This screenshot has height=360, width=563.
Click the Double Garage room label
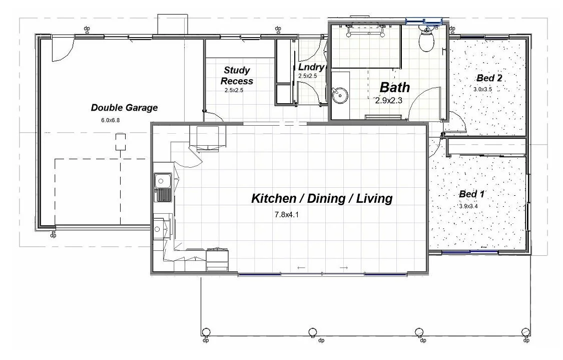[x=124, y=108]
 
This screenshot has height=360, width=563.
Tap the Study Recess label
[x=237, y=76]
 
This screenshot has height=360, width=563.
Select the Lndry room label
[x=311, y=67]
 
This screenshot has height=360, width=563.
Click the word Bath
[x=395, y=87]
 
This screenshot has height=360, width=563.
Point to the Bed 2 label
[x=489, y=78]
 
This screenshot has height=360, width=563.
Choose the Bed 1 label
[x=472, y=194]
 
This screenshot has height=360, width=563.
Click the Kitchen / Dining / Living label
[x=322, y=198]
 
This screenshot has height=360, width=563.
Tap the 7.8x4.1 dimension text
[x=287, y=215]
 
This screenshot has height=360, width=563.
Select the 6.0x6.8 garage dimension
[x=110, y=120]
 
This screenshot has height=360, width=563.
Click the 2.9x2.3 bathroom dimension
[x=388, y=101]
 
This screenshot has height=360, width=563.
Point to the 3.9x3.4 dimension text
[x=468, y=206]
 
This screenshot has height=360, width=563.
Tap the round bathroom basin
[x=340, y=95]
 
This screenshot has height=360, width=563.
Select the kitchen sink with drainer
[x=163, y=187]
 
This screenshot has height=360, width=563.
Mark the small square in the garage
[x=120, y=142]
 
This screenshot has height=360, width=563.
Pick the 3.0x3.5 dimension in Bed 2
[x=482, y=89]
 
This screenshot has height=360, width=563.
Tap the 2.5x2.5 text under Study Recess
[x=234, y=90]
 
